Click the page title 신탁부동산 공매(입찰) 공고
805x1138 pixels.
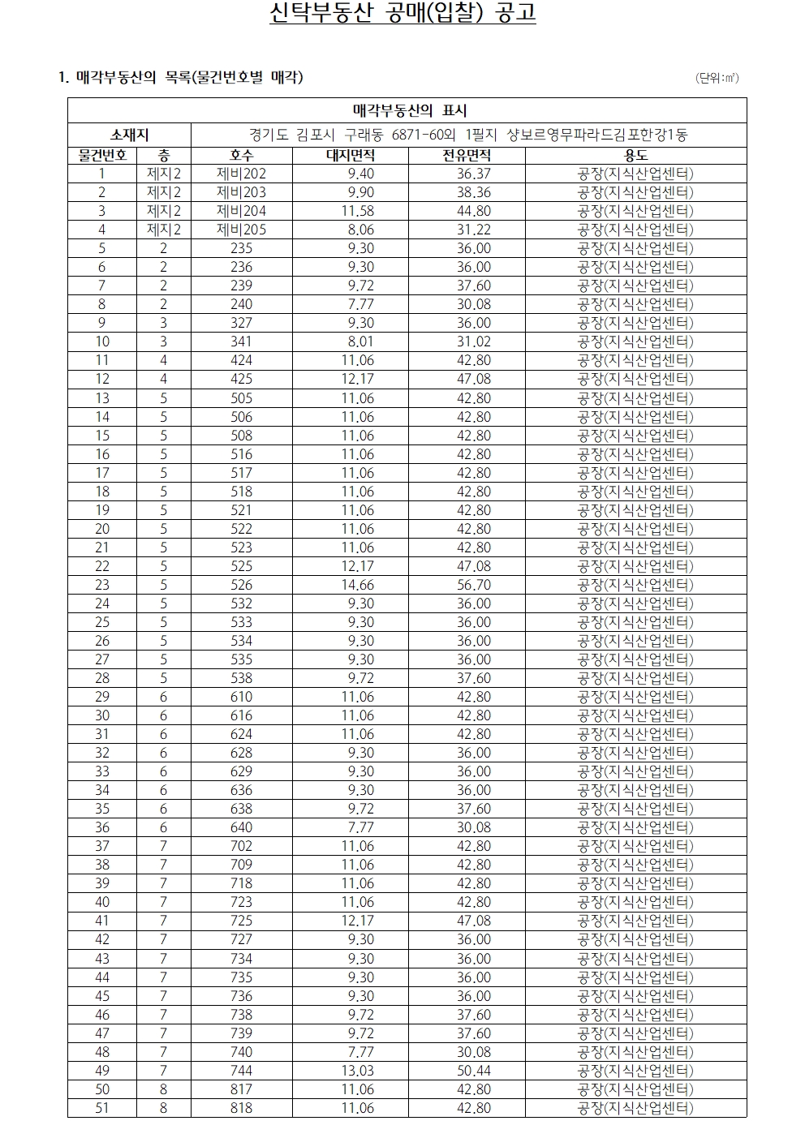[402, 15]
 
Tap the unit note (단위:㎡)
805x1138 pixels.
[717, 78]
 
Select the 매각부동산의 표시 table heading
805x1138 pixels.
[409, 110]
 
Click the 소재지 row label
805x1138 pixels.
[129, 135]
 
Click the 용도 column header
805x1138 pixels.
[635, 155]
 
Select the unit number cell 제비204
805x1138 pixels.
[241, 211]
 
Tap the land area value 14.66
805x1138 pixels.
[357, 585]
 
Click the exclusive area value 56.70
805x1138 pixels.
[473, 585]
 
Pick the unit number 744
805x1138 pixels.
[241, 1071]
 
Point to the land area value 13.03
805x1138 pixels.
[357, 1071]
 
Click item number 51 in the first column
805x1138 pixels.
[102, 1108]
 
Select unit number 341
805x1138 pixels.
[241, 341]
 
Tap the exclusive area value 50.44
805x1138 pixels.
[473, 1071]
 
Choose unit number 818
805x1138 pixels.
[241, 1108]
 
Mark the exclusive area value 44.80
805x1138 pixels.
[473, 211]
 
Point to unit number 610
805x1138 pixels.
[241, 697]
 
